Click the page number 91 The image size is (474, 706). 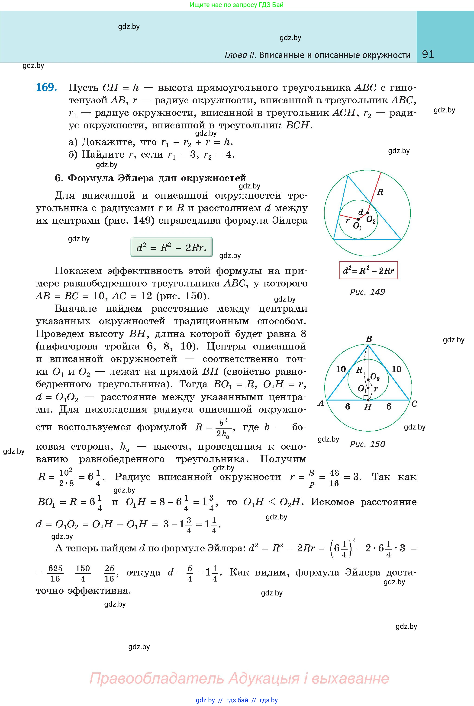[x=428, y=54]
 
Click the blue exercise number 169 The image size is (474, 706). [x=46, y=87]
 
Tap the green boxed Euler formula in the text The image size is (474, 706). [x=171, y=247]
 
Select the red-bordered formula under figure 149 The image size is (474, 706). [x=368, y=270]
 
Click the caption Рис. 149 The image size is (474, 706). [x=367, y=292]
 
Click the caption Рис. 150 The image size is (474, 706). [x=367, y=444]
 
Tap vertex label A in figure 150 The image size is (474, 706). [x=321, y=404]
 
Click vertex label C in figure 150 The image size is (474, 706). [x=414, y=404]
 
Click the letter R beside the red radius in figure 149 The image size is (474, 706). [x=380, y=192]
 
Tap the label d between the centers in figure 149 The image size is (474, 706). [x=361, y=212]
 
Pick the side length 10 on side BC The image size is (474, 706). [x=396, y=369]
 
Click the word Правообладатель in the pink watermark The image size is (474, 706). [x=157, y=678]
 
